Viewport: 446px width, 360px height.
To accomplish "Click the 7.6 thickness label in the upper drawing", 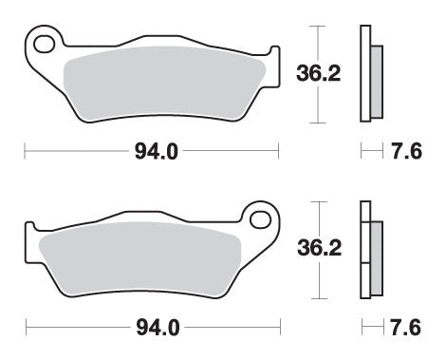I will (404, 150).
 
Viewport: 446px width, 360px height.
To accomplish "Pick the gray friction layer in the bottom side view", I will (374, 256).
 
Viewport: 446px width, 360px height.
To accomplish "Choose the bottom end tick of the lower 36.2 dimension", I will (320, 295).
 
